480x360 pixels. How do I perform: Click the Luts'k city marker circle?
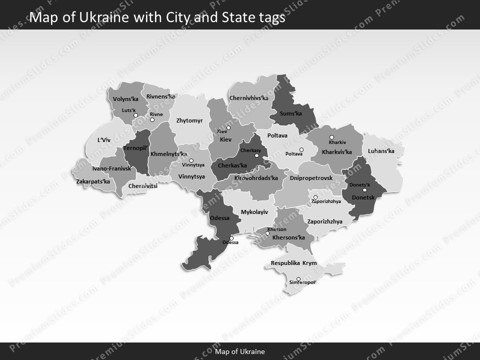coord(135,115)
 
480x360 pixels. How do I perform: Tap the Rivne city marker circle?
coord(152,119)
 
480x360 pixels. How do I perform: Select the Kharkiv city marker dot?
coord(331,137)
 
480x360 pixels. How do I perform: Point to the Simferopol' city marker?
coord(298,279)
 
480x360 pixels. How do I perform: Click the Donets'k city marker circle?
coord(364,190)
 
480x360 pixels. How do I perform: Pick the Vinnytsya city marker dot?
coord(191,160)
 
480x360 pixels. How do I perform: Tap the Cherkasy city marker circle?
coord(256,155)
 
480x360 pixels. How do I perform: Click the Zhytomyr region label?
coord(189,120)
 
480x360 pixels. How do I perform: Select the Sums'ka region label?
coord(290,113)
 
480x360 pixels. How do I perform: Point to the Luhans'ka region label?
coord(381,150)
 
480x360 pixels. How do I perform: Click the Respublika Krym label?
coord(293,263)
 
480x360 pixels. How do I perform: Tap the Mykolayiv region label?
coord(254,212)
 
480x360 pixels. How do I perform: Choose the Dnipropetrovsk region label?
coord(311,177)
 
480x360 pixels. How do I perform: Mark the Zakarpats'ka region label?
coord(93,181)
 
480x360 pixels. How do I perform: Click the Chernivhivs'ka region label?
coord(248,98)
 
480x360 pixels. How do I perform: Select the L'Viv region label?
coord(103,140)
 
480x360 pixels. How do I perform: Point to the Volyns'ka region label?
coord(125,99)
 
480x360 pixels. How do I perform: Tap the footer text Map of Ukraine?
coord(240,351)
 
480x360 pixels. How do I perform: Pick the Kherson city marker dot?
coord(267,233)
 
